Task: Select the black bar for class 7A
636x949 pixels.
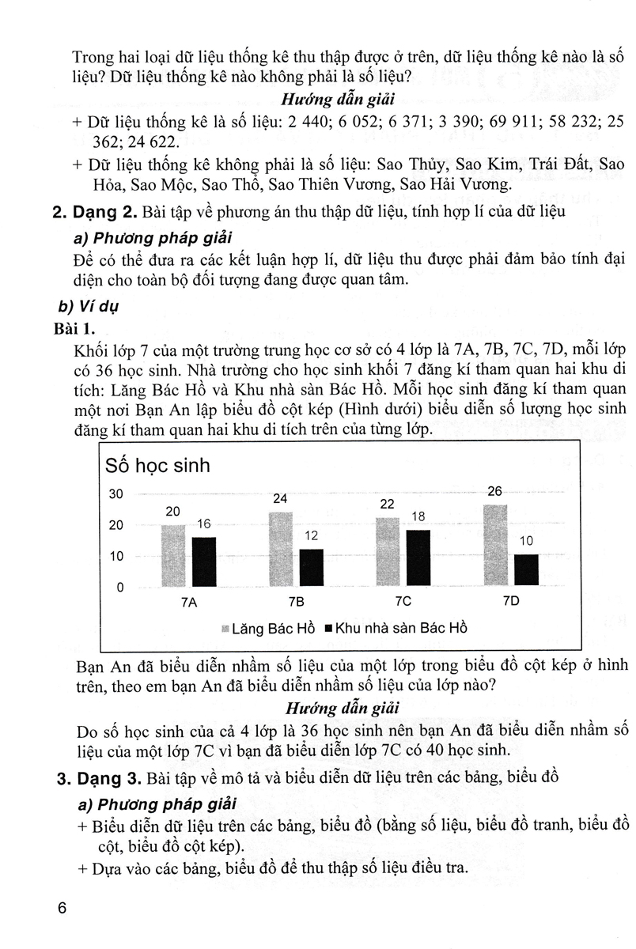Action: [204, 561]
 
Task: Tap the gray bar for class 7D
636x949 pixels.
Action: [495, 546]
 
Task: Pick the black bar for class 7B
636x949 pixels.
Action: [312, 568]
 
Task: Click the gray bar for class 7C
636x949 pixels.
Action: [388, 552]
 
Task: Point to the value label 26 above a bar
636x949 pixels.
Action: [495, 492]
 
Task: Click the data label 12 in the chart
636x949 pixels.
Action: [312, 536]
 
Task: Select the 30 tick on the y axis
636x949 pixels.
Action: [116, 495]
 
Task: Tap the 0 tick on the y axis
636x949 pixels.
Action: [120, 588]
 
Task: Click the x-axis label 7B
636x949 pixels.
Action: [296, 601]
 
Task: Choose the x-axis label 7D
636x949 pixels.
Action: [511, 601]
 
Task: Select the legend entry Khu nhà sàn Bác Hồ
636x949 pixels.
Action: [396, 629]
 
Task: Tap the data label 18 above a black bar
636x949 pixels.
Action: [418, 517]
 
